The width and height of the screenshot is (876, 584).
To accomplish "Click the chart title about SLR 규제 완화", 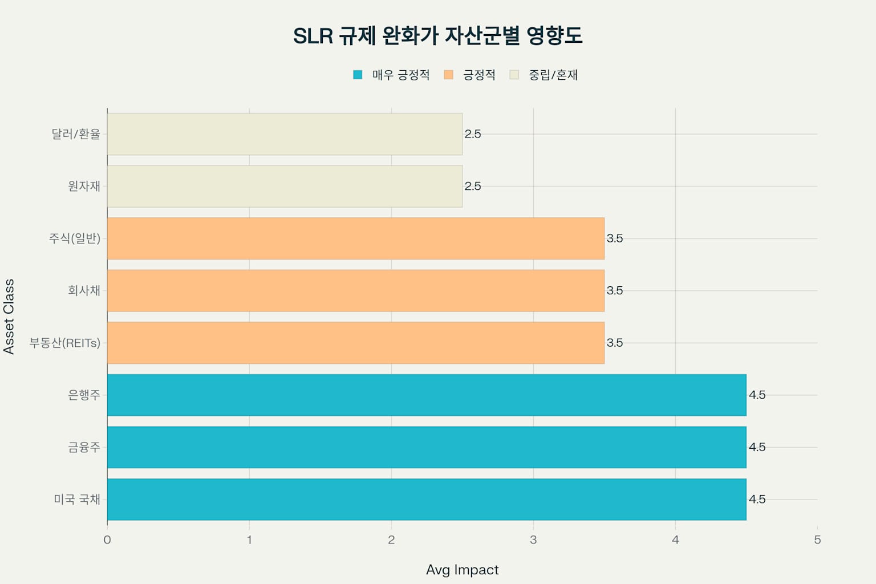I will click(437, 35).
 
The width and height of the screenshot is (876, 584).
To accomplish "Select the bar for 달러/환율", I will click(285, 134).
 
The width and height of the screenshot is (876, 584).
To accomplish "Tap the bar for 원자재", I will click(285, 186).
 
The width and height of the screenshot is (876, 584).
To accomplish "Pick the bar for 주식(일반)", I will click(355, 238).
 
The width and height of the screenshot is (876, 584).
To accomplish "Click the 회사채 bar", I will click(355, 291).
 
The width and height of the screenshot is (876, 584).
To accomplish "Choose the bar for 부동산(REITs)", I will click(355, 343).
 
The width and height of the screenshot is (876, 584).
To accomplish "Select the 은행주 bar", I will click(427, 395).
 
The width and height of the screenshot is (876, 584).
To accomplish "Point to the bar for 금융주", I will click(427, 447).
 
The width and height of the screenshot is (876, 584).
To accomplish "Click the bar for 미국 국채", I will click(427, 500).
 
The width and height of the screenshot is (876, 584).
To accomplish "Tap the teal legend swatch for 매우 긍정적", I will click(358, 75).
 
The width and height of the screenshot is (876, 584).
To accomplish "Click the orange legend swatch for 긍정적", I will click(448, 75).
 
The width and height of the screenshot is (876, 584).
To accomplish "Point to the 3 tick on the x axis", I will click(533, 540).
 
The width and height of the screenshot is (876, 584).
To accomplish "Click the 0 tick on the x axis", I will click(107, 540).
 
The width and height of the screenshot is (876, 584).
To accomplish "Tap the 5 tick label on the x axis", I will click(817, 540).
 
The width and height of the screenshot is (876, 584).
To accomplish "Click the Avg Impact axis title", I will click(462, 570).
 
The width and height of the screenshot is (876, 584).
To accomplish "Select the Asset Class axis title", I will click(9, 317).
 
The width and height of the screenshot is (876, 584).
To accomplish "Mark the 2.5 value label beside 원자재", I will click(473, 186).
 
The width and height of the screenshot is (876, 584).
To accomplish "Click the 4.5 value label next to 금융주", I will click(757, 447).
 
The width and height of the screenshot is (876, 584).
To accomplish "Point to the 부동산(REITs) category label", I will click(65, 343).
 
